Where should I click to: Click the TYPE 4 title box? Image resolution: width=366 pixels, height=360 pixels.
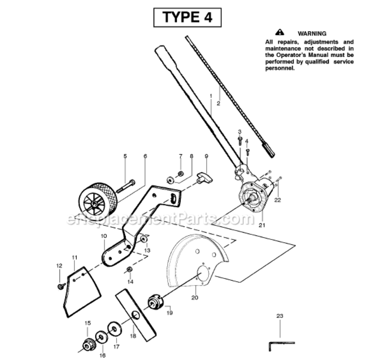187,18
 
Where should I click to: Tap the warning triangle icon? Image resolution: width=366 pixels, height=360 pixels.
279,32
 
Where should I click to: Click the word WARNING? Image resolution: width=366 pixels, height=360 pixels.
312,34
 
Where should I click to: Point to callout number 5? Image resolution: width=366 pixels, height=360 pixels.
125,156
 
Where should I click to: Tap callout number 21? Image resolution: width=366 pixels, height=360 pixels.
262,225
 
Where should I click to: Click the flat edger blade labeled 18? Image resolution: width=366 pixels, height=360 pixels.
136,315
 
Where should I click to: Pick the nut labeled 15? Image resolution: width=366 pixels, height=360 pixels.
88,345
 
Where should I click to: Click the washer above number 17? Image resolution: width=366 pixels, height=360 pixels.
114,329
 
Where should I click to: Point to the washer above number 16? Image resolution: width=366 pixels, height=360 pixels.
101,337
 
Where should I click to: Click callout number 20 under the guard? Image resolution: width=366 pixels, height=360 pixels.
195,298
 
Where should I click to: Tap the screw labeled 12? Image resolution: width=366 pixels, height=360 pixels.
61,286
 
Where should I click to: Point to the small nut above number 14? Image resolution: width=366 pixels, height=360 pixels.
129,270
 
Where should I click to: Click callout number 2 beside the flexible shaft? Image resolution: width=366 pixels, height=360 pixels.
218,104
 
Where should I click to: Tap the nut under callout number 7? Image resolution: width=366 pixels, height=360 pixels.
180,174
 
